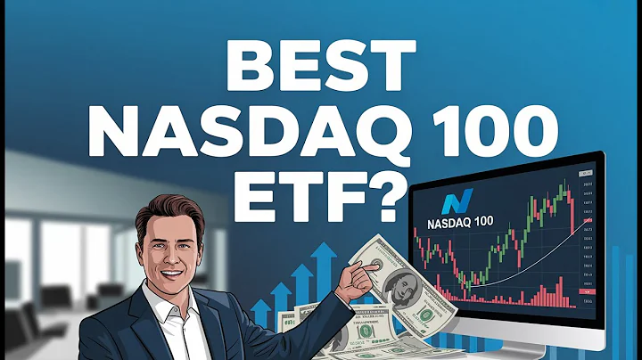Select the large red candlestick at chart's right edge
[572, 209]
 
